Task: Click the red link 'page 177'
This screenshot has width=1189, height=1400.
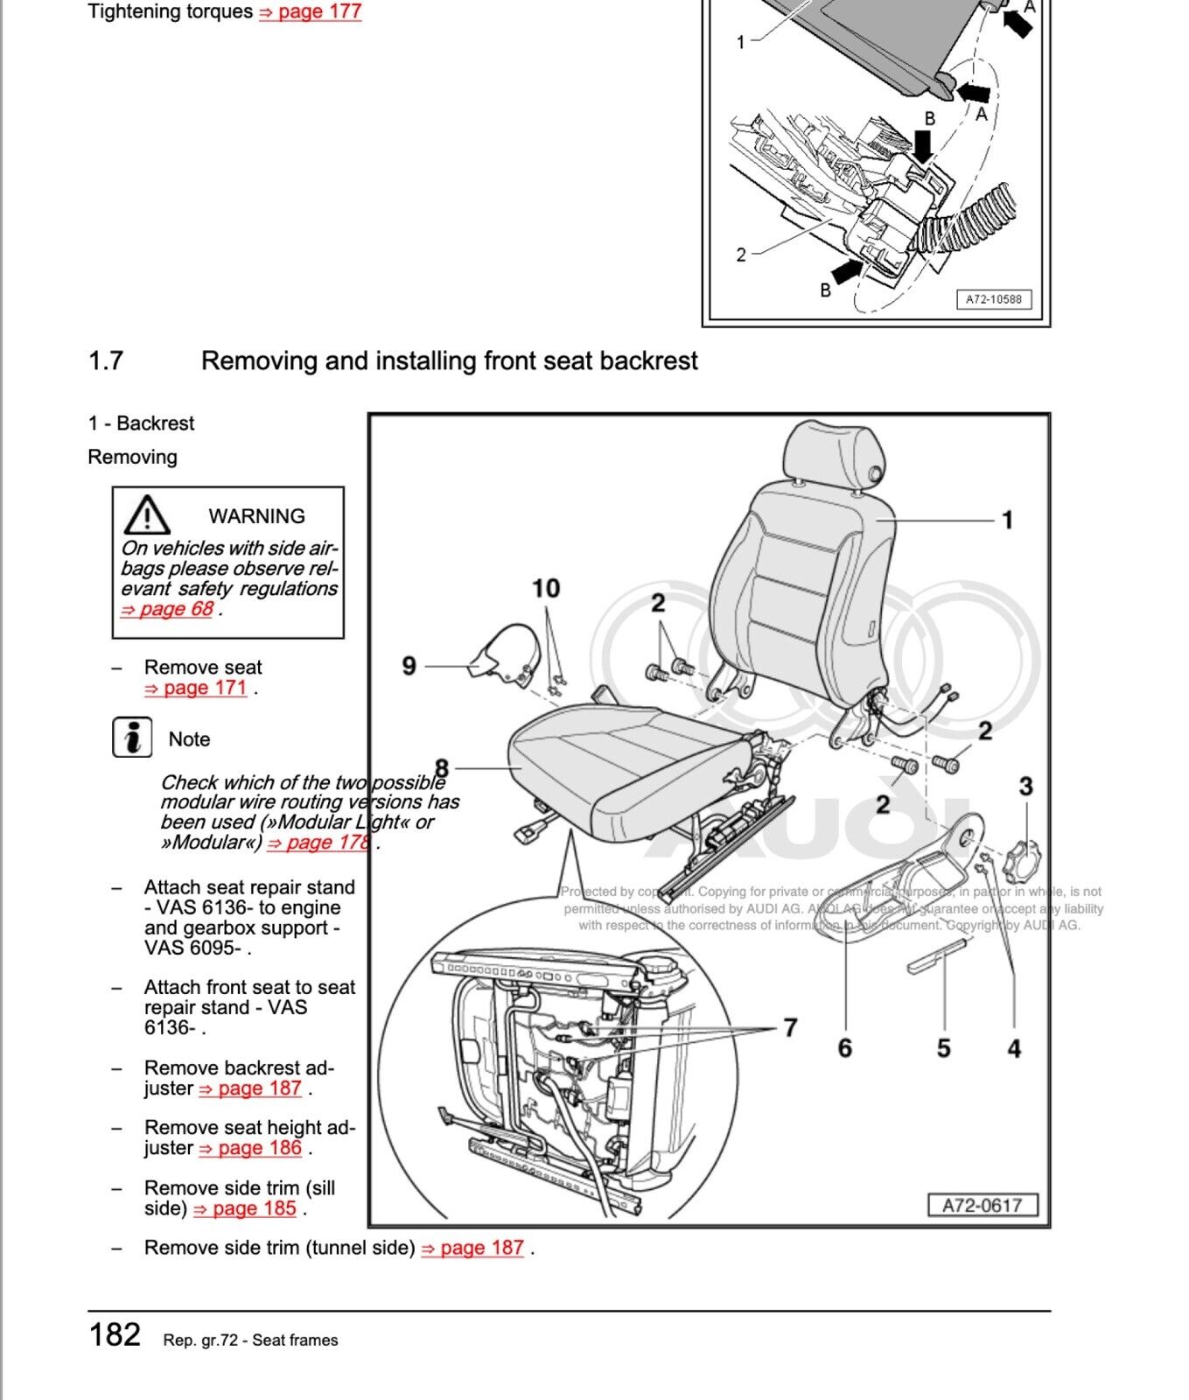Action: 311,12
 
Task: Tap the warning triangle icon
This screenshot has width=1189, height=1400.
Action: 147,515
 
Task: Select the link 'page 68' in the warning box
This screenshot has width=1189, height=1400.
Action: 167,609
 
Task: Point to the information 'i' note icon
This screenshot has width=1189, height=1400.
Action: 132,738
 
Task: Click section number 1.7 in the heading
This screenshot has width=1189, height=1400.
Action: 106,360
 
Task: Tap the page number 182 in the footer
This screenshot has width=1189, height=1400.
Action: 115,1334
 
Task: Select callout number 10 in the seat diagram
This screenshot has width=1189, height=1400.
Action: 546,588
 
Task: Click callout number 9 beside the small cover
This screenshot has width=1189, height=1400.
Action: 409,666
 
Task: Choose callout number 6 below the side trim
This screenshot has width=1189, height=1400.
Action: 844,1047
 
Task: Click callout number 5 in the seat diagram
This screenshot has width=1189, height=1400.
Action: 943,1047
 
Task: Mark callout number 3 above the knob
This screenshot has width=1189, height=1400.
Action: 1025,786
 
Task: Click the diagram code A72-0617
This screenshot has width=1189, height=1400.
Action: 982,1205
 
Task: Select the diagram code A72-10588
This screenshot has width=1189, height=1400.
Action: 993,299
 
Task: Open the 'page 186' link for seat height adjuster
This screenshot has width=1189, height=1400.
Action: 251,1148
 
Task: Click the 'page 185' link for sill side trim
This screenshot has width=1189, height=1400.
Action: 245,1208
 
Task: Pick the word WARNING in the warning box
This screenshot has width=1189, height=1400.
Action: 256,516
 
